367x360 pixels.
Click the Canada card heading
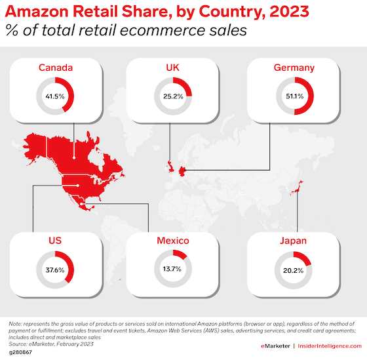click(x=56, y=68)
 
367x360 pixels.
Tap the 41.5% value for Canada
click(x=55, y=96)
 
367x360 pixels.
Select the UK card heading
click(x=172, y=68)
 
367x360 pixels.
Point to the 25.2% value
click(x=173, y=96)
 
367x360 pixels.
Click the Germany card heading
click(x=294, y=68)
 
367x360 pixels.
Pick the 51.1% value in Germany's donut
click(x=295, y=96)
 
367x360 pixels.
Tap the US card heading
click(x=55, y=241)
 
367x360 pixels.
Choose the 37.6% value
click(x=55, y=270)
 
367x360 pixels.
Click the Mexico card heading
click(x=173, y=241)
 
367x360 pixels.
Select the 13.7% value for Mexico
click(x=172, y=269)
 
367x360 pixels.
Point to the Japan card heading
click(x=294, y=241)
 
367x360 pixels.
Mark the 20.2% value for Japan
click(x=294, y=271)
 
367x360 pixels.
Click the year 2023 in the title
click(x=289, y=11)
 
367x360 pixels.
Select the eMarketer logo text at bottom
click(x=275, y=346)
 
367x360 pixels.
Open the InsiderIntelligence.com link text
click(x=330, y=346)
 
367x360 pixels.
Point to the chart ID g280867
click(x=20, y=352)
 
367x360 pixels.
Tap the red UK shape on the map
click(x=170, y=167)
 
